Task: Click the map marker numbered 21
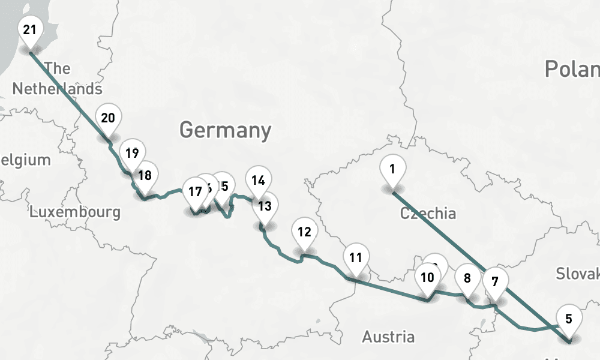point(30,30)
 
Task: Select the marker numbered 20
point(108,118)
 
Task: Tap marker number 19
point(132,152)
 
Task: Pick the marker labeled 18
point(145,176)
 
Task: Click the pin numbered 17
point(194,193)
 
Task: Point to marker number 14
point(258,180)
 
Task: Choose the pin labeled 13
point(265,206)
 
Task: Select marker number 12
point(304,232)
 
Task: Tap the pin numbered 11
point(356,259)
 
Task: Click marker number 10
point(427,278)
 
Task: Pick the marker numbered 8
point(467,278)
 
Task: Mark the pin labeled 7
point(495,282)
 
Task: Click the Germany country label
point(225,130)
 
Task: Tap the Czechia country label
point(428,213)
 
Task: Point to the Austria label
point(388,337)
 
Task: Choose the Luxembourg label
point(75,212)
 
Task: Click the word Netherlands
point(57,89)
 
